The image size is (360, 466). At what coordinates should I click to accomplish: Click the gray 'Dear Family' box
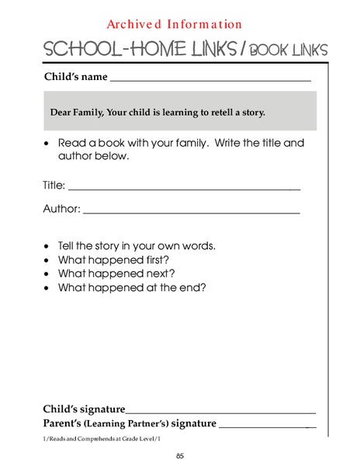(x=179, y=111)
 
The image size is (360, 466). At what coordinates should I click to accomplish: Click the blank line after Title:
(x=185, y=188)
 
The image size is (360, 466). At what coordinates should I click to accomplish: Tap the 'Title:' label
(x=54, y=186)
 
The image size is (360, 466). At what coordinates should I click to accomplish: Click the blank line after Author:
(x=191, y=211)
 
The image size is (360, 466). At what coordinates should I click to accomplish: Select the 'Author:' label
(x=61, y=209)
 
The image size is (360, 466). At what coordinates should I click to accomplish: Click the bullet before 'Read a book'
(x=48, y=144)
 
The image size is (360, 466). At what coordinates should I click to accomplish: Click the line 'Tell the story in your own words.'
(x=137, y=245)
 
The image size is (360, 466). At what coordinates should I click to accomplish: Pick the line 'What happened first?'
(x=113, y=259)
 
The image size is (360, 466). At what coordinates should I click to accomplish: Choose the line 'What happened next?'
(x=116, y=273)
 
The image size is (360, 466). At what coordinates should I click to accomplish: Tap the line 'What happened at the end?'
(x=132, y=287)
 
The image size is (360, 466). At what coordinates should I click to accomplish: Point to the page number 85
(x=179, y=456)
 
